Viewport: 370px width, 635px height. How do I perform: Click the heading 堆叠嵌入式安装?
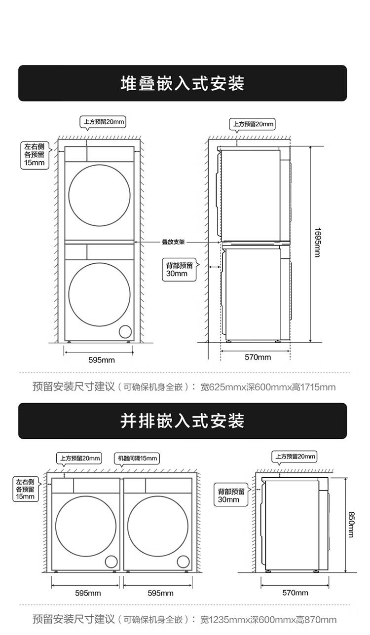tap(183, 83)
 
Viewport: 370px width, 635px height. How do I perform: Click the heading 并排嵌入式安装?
tap(183, 421)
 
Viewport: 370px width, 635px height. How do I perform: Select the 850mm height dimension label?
tap(351, 524)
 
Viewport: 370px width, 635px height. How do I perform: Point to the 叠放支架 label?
tap(173, 242)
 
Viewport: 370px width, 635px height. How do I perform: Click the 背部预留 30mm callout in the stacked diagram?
tap(180, 269)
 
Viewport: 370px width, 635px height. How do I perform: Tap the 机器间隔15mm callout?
tap(137, 458)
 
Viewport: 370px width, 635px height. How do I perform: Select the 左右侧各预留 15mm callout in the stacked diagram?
tap(34, 154)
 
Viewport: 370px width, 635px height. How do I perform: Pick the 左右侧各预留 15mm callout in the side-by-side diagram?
tap(26, 489)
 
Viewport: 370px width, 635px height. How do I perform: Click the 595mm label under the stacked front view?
tap(102, 360)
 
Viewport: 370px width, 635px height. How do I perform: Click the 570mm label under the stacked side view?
tap(258, 357)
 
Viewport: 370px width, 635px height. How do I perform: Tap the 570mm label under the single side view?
tap(295, 593)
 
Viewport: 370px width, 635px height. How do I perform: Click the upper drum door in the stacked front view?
tap(100, 195)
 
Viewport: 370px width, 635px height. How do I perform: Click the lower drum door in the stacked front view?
tap(100, 294)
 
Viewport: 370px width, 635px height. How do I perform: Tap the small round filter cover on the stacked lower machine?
tap(126, 331)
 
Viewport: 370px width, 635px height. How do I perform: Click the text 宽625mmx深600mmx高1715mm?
tap(268, 387)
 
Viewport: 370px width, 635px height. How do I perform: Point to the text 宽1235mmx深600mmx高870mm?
tap(268, 619)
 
